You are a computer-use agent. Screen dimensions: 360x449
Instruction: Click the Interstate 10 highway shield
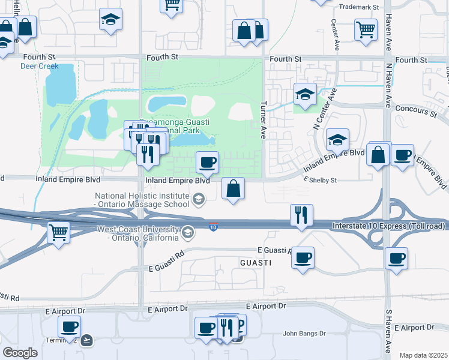[x=214, y=227]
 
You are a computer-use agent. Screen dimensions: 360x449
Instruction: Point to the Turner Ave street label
[x=262, y=119]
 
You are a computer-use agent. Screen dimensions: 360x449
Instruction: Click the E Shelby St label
[x=321, y=180]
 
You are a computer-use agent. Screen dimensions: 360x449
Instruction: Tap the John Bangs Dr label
[x=304, y=333]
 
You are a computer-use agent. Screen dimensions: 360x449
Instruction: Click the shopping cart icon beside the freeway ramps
[x=58, y=232]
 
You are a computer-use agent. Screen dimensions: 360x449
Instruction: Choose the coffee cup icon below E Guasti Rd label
[x=302, y=258]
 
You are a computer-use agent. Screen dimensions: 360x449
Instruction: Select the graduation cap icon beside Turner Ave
[x=305, y=94]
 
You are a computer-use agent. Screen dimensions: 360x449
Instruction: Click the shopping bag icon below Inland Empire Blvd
[x=233, y=188]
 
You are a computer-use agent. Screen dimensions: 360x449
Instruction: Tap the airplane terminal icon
[x=88, y=340]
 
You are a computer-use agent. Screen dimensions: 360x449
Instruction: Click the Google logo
[x=20, y=353]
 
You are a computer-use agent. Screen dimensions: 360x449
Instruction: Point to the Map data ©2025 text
[x=423, y=355]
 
